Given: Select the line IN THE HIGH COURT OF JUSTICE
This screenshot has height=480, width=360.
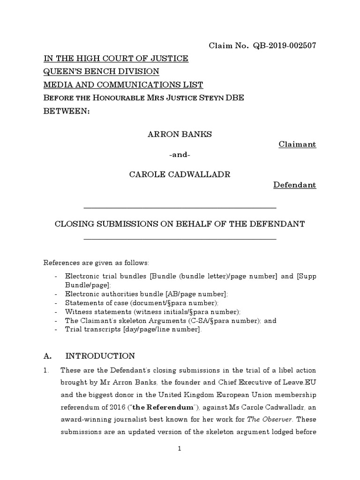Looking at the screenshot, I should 116,59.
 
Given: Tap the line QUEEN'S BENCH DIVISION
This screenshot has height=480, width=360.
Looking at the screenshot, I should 101,72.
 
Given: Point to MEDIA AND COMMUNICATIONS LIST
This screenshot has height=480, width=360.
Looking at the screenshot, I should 123,85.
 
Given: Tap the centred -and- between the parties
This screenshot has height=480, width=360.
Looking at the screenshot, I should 180,155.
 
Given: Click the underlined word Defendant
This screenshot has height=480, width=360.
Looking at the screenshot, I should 295,185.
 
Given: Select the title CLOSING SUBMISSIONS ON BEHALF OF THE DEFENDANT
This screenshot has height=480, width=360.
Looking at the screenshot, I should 180,224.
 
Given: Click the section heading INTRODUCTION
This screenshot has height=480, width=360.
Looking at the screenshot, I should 100,356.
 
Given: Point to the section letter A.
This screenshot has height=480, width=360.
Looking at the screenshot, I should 47,356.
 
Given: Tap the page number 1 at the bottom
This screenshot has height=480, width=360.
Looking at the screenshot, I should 180,449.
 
